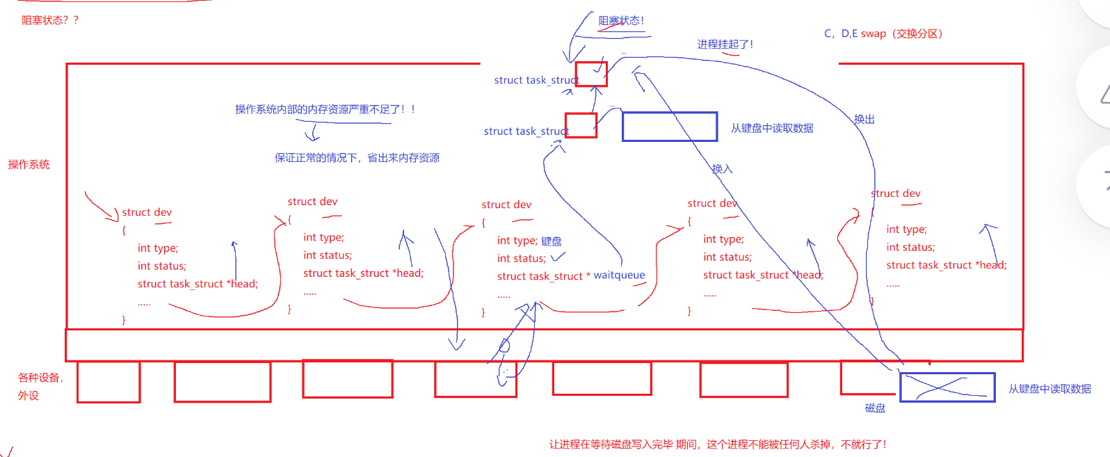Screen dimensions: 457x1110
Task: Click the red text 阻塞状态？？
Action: tap(50, 20)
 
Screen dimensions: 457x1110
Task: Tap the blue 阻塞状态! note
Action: tap(621, 21)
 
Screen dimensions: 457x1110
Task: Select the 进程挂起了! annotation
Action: tap(725, 45)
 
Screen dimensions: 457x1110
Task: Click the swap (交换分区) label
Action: tap(883, 33)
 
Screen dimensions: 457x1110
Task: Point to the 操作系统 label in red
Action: tap(29, 164)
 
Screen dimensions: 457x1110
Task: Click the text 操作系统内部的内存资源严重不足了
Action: tap(324, 109)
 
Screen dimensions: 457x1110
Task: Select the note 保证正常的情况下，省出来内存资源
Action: tap(357, 158)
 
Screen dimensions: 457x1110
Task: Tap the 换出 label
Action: tap(864, 119)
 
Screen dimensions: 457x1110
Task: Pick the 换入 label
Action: tap(722, 168)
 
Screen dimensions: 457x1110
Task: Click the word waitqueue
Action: tap(619, 275)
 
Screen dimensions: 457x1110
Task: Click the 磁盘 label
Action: tap(875, 408)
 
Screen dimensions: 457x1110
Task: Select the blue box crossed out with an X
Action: tap(947, 387)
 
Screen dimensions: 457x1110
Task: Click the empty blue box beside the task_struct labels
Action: tap(669, 127)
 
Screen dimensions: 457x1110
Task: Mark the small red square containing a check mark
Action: tap(591, 74)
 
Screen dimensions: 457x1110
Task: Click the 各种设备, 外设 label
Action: tap(40, 386)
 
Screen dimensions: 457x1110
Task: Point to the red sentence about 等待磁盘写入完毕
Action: tap(717, 444)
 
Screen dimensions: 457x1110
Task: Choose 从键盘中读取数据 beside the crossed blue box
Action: tap(1049, 389)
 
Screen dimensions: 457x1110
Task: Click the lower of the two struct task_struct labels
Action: tap(526, 131)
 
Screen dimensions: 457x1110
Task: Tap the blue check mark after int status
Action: tap(558, 257)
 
